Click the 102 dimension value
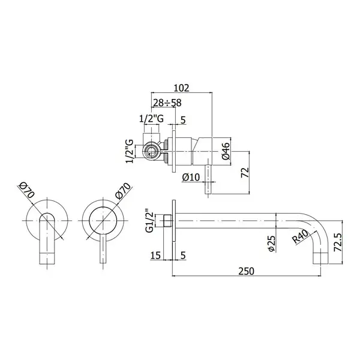(181, 88)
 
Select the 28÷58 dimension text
(167, 103)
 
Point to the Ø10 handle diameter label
(191, 177)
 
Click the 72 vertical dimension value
(245, 172)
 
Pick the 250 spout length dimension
(247, 271)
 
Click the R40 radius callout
(301, 237)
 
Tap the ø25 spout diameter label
(272, 244)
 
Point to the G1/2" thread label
(149, 220)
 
